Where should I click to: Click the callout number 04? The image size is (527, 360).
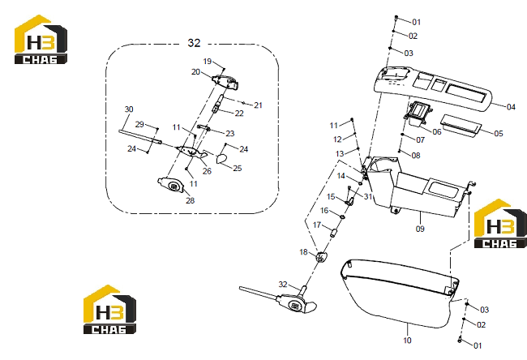(x=511, y=107)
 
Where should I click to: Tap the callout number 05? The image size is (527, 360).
(x=499, y=134)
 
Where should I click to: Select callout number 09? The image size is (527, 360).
(x=420, y=229)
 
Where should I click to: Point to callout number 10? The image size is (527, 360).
(x=407, y=341)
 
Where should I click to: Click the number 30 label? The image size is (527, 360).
(x=129, y=109)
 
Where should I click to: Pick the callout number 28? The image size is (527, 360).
(x=191, y=200)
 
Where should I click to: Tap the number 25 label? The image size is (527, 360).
(x=238, y=168)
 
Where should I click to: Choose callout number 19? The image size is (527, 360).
(x=208, y=61)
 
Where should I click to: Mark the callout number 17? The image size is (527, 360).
(x=317, y=225)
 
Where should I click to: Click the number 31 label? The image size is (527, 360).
(x=368, y=196)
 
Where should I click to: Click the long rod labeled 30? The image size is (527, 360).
(x=140, y=137)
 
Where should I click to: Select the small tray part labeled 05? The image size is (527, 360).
(x=461, y=126)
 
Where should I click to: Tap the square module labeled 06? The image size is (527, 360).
(x=418, y=113)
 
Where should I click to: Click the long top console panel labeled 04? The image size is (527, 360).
(x=433, y=88)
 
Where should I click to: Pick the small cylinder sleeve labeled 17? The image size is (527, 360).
(x=333, y=233)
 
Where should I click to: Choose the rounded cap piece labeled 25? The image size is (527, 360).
(x=221, y=159)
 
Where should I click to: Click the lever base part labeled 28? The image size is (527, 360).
(x=171, y=185)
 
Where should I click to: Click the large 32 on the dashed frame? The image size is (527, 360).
(x=194, y=43)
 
